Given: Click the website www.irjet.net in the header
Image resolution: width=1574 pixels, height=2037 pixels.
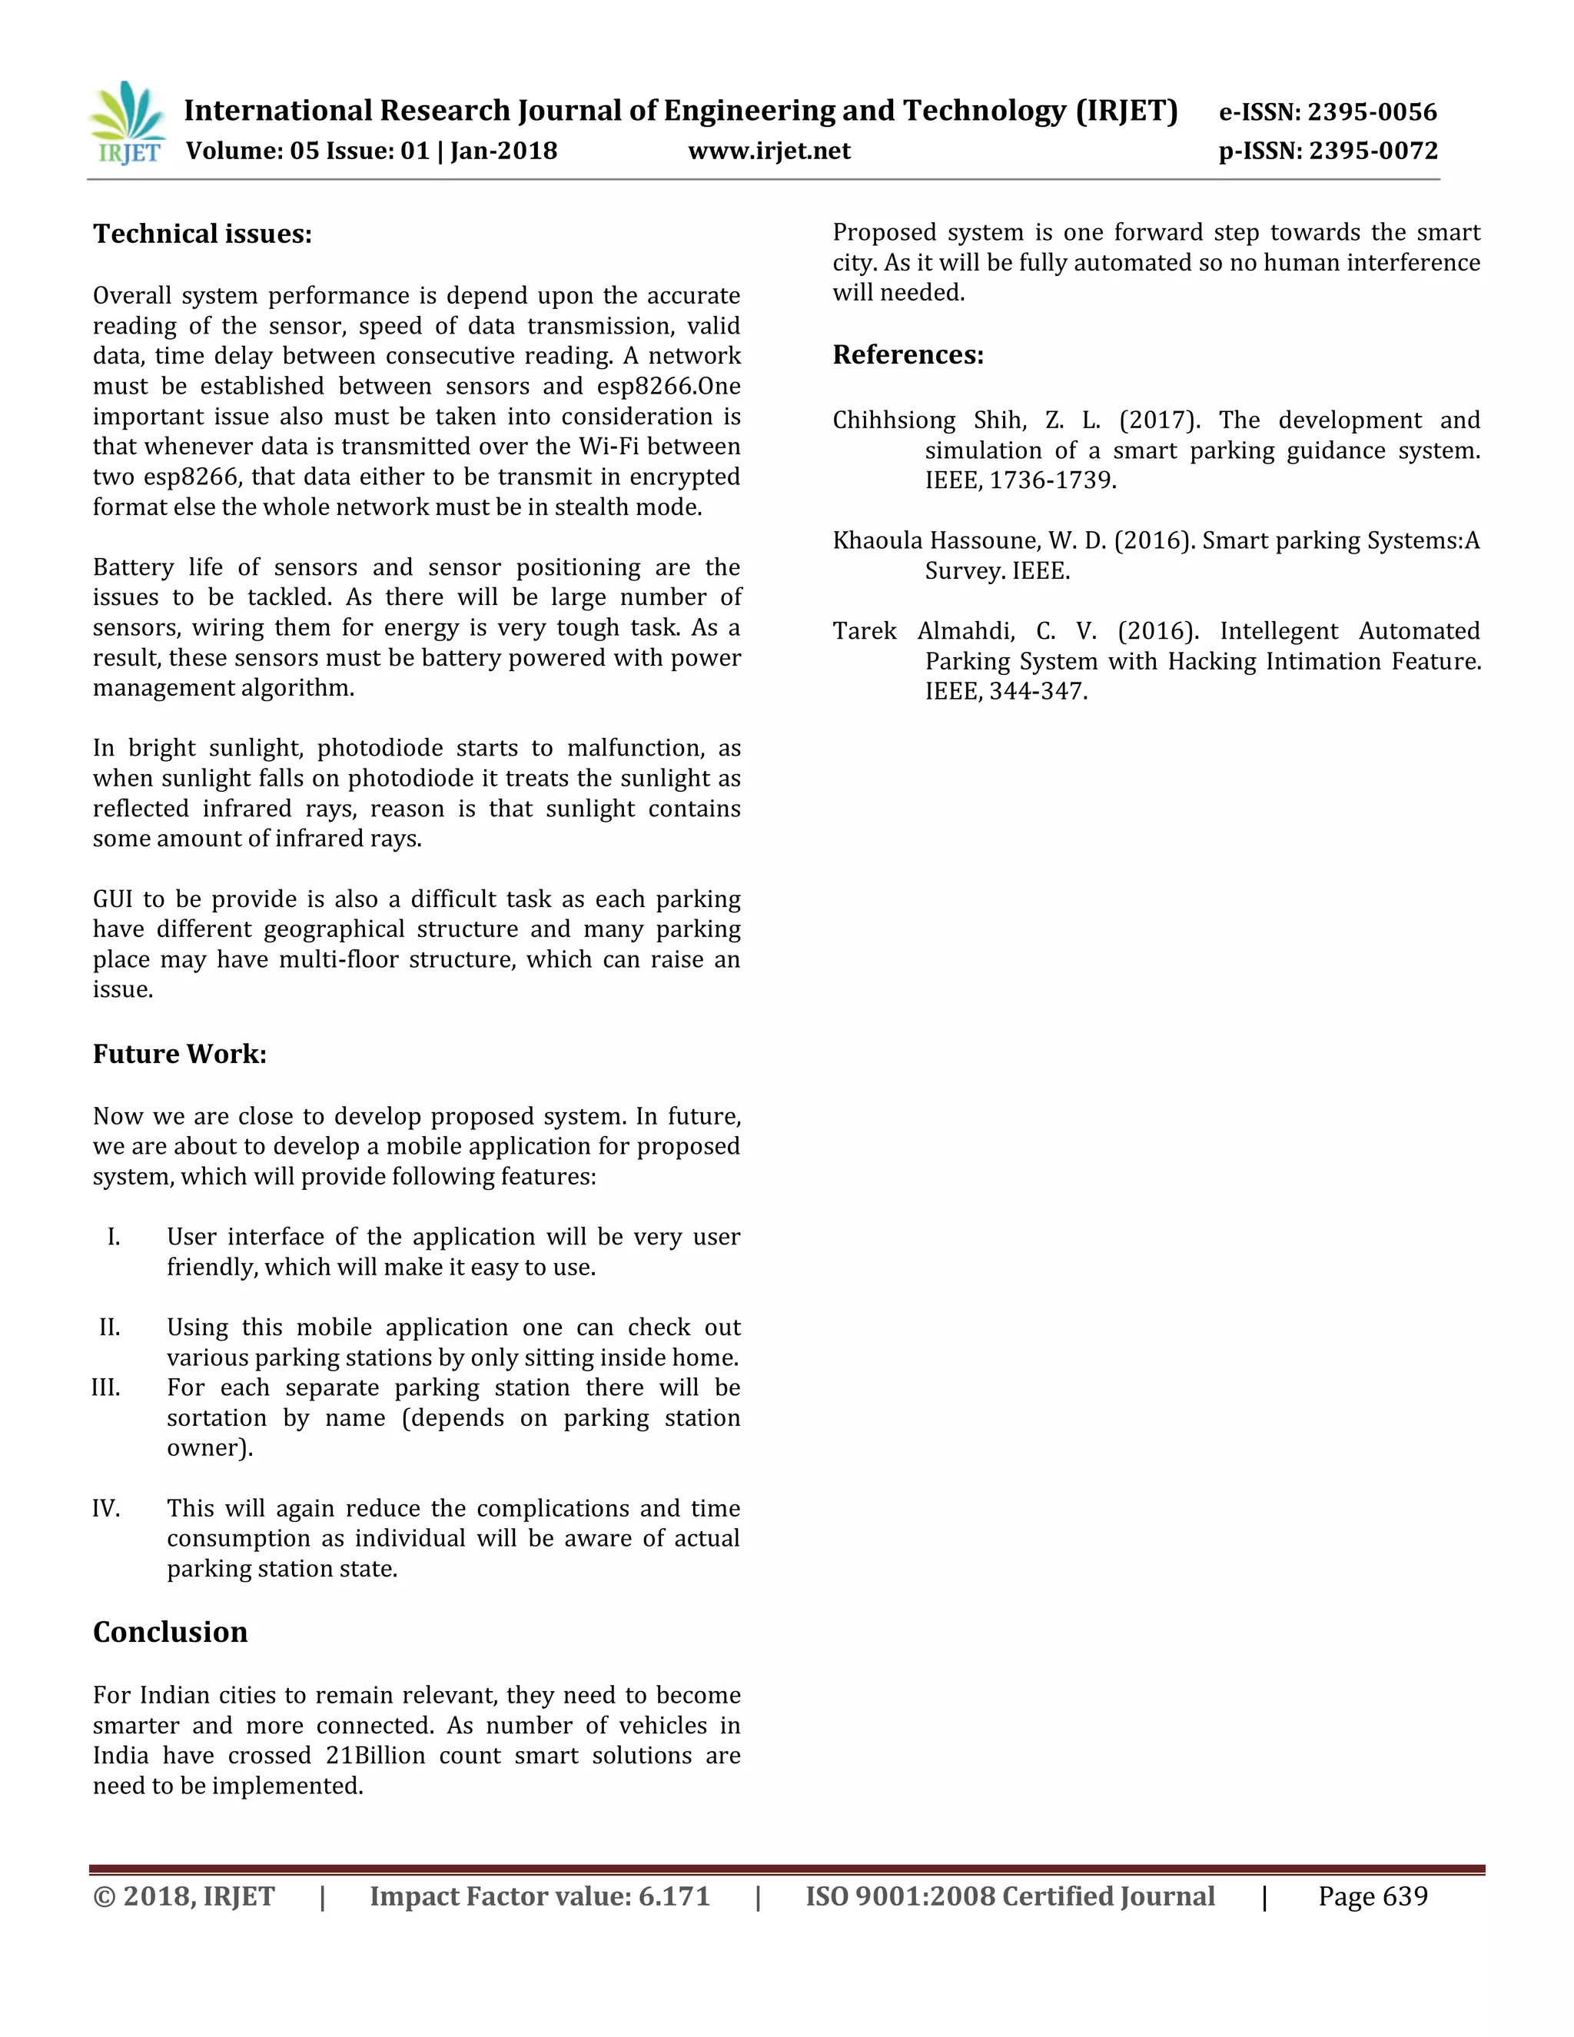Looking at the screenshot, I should (x=769, y=151).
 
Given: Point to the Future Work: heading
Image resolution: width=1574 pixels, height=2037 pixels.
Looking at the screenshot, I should (x=179, y=1054).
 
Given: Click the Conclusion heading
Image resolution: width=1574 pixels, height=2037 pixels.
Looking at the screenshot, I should (x=170, y=1631).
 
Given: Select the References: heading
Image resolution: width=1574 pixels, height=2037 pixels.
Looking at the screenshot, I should (x=908, y=354).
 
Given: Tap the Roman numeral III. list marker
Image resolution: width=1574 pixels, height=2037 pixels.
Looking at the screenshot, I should (x=105, y=1387).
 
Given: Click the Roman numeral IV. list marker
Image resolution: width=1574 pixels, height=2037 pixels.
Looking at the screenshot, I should (x=105, y=1508).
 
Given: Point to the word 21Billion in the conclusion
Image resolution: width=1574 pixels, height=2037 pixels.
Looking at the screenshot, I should (x=375, y=1756).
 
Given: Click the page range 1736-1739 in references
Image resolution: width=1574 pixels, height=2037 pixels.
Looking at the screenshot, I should (x=1052, y=480).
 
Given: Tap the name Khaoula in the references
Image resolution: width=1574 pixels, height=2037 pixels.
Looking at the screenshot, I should (x=876, y=541).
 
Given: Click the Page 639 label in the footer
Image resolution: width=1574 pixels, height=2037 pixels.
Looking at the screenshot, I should (x=1372, y=1896).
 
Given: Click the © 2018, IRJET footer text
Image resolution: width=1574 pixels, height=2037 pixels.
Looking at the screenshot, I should (x=184, y=1896).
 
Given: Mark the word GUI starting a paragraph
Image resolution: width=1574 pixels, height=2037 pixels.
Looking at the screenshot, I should (x=112, y=899).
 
